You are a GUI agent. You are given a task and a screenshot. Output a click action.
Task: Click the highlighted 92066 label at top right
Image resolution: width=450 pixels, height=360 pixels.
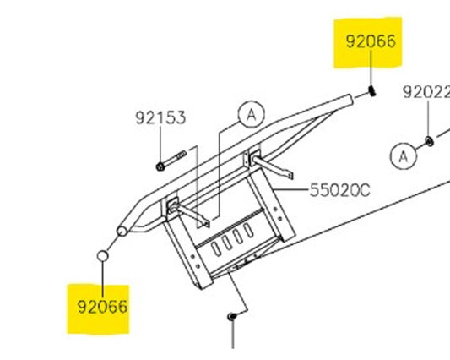[371, 41]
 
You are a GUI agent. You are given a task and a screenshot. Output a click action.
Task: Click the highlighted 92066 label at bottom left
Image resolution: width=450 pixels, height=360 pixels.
[102, 307]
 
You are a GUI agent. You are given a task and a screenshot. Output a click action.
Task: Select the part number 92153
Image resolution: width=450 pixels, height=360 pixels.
[160, 117]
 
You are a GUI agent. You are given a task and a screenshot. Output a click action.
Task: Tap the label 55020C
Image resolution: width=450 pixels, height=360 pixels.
[339, 190]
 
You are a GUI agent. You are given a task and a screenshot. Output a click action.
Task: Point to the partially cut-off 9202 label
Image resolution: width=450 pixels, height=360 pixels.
[426, 92]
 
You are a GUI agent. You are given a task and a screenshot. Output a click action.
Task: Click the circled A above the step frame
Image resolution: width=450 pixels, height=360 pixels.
[252, 114]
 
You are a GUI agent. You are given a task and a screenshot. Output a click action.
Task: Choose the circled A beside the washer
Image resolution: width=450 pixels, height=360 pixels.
[403, 156]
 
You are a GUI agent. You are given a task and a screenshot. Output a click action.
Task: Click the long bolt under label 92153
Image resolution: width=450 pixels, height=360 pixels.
[171, 161]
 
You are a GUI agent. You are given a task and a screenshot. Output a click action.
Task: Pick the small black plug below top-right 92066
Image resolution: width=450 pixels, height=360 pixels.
[372, 91]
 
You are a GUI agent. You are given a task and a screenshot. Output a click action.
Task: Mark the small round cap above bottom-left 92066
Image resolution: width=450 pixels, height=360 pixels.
[102, 255]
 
